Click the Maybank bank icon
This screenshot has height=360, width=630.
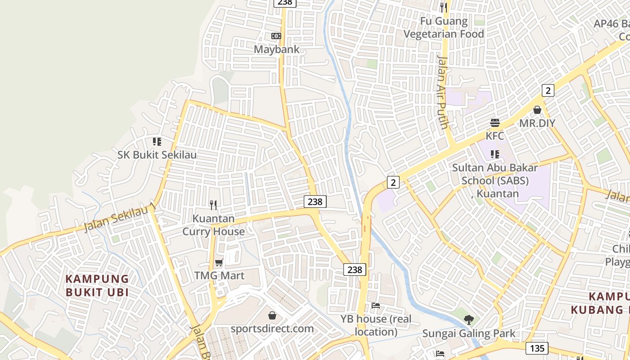coord(276,36)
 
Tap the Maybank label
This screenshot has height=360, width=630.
coord(277,49)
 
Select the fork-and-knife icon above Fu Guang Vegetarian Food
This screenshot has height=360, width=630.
coord(444,7)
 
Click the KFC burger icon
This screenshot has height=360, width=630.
coord(495,123)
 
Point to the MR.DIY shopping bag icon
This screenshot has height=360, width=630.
coord(537,110)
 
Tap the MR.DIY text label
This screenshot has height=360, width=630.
coord(537,123)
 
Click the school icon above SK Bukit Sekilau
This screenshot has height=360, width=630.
coord(157,142)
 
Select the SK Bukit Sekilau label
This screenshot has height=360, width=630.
coord(157,155)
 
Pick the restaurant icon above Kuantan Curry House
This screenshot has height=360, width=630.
coord(213,205)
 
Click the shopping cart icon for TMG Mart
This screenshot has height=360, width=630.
coord(219,262)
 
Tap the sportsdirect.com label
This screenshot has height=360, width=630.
coord(272,328)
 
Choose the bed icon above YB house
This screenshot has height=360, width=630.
coord(376,306)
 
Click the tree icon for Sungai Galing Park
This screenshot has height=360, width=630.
coord(469,320)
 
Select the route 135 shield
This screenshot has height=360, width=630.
coord(537,348)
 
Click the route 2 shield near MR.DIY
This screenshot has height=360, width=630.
coord(547,90)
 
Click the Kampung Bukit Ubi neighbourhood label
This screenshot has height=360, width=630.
coord(97,285)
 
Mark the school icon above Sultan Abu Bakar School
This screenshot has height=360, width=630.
coord(495,154)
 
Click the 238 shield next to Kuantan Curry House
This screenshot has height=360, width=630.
coord(315,202)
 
